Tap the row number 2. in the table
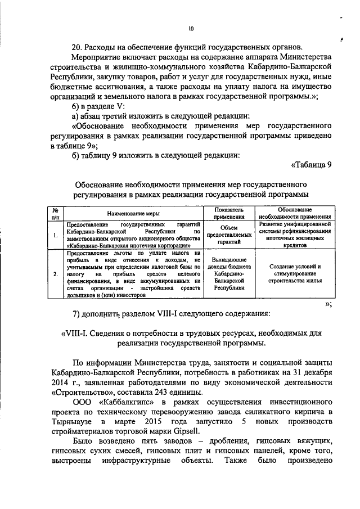tap(55, 274)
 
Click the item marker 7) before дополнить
tap(79, 313)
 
